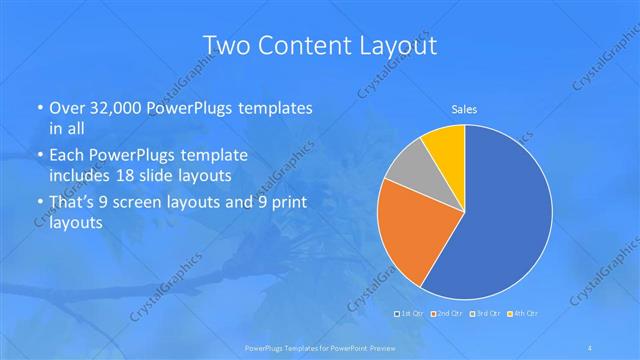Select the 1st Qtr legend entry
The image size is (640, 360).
(410, 314)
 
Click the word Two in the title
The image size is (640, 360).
(224, 45)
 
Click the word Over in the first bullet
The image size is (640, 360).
(67, 106)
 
